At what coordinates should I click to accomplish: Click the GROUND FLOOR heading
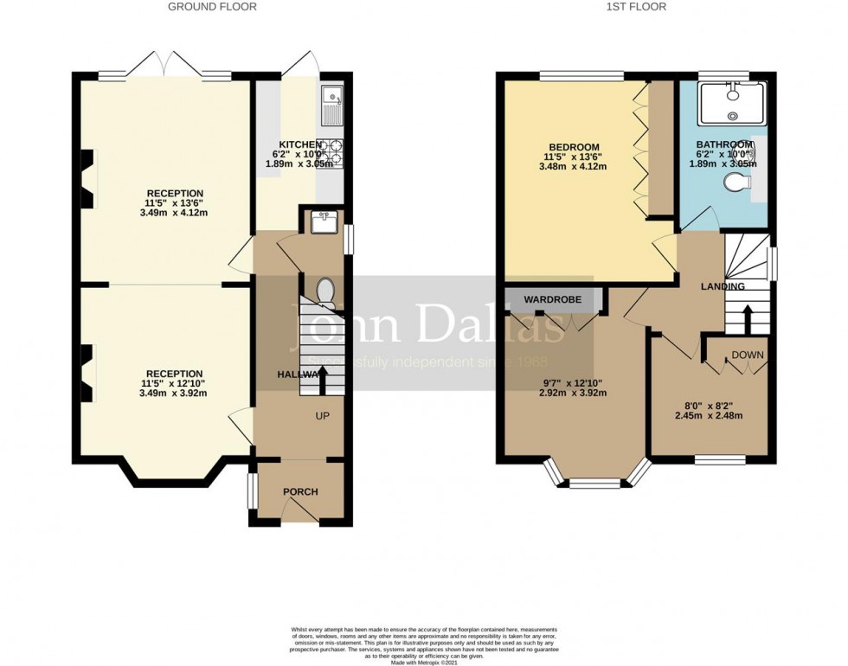[212, 7]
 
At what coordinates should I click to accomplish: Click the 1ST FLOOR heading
[636, 7]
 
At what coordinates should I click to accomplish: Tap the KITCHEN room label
[300, 144]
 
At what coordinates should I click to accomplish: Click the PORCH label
[300, 491]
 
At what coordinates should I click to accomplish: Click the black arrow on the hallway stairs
[323, 379]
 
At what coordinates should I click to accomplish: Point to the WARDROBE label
[553, 300]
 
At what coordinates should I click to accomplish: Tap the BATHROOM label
[725, 144]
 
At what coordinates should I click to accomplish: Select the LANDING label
[723, 286]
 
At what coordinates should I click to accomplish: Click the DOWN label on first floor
[747, 355]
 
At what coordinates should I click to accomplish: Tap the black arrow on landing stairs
[747, 316]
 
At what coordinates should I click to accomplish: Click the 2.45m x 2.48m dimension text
[709, 415]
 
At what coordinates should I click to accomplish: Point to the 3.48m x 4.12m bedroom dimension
[574, 166]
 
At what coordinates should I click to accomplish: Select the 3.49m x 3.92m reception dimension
[174, 393]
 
